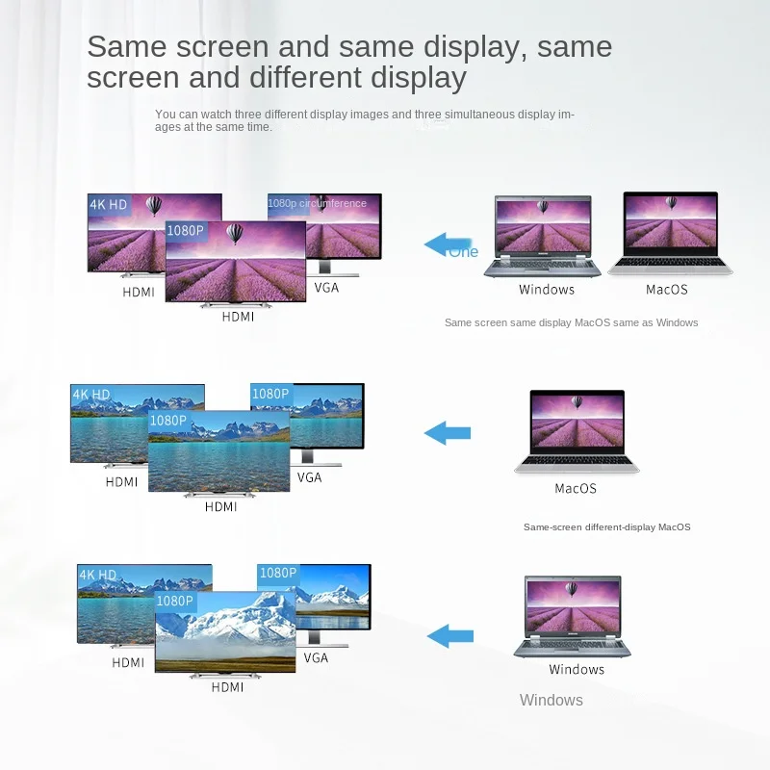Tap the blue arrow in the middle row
448,433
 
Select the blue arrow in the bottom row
450,635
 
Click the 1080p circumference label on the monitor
318,203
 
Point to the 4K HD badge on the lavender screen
109,204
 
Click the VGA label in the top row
326,287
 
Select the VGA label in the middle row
309,477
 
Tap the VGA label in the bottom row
316,657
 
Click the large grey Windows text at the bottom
552,700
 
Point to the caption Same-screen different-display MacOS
606,526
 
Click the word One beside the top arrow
463,252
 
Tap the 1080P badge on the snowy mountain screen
175,601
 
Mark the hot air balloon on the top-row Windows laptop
545,207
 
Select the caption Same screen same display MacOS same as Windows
571,322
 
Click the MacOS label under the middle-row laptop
576,488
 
